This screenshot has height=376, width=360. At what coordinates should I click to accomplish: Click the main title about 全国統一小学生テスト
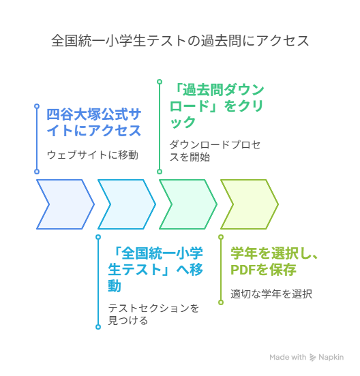(180, 41)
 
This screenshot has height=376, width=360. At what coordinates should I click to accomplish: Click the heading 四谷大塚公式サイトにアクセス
(94, 123)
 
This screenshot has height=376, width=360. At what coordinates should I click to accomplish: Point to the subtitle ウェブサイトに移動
(93, 155)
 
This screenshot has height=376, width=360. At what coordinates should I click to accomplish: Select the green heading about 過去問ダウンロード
(217, 106)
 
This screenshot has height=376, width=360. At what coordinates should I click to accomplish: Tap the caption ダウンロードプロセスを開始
(215, 151)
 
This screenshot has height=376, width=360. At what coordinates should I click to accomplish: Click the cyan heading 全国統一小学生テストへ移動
(155, 269)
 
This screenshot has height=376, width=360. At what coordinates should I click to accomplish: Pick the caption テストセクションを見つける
(153, 314)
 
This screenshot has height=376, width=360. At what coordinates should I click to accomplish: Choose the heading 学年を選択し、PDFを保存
(274, 262)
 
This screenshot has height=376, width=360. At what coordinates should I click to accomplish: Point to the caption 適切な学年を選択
(271, 294)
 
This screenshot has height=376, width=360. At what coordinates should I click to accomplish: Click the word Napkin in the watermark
(331, 358)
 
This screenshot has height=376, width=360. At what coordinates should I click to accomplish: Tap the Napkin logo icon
(312, 358)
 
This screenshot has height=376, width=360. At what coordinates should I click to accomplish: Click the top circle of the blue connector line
(37, 106)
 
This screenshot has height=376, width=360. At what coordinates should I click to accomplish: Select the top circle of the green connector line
(160, 82)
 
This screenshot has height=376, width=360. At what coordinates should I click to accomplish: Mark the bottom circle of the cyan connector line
(98, 327)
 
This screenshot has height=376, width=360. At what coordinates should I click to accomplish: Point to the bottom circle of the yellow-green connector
(221, 302)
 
